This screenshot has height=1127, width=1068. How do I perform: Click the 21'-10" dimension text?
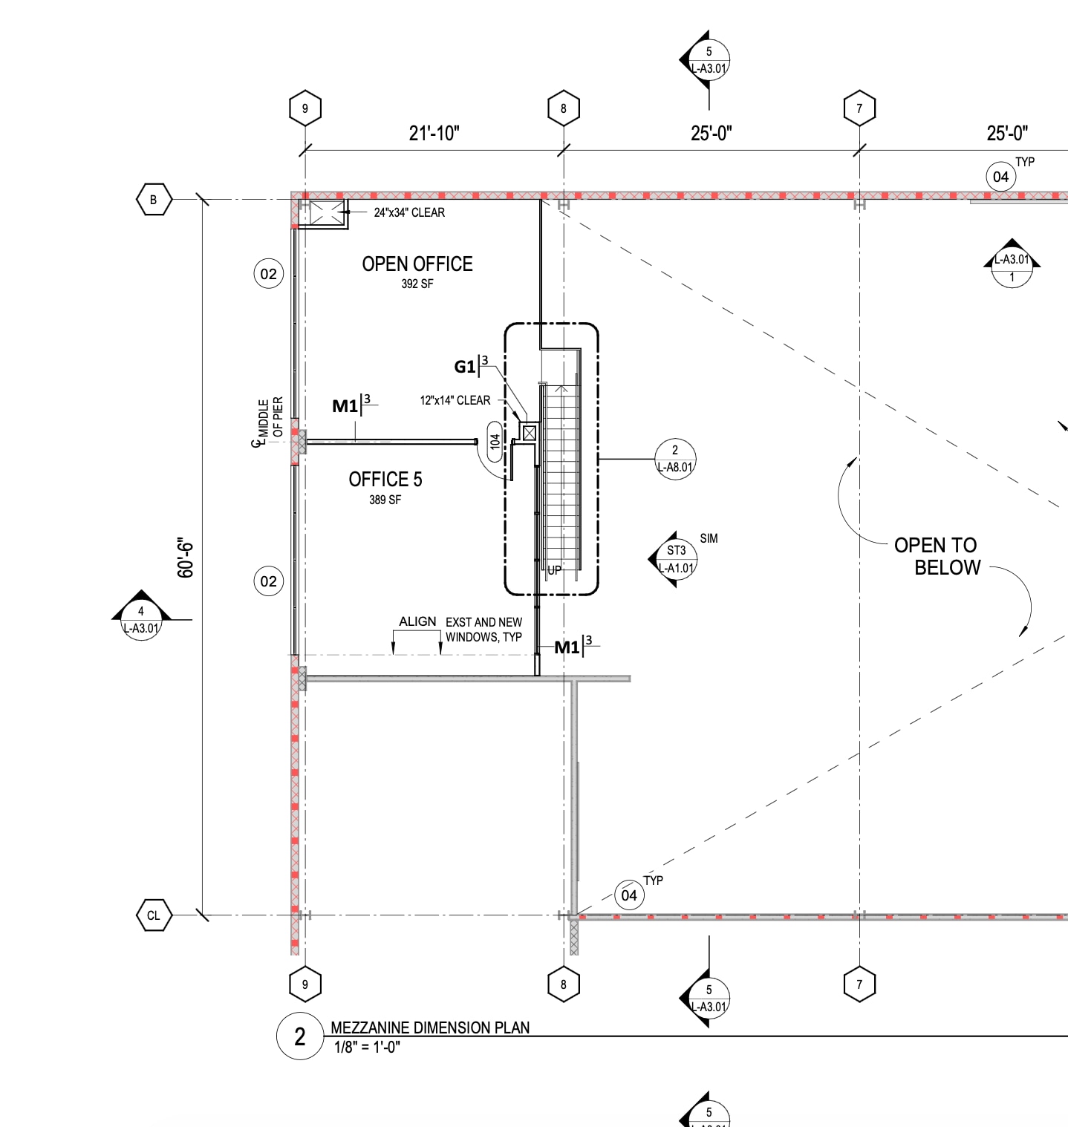pos(434,134)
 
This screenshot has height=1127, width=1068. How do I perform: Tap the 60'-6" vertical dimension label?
pos(186,558)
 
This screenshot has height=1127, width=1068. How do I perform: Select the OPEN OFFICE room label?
pos(417,264)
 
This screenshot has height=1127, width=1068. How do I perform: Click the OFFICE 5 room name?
pos(385,480)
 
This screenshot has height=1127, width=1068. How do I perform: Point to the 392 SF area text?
pos(417,284)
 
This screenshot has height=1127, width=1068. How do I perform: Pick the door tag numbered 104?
pos(495,442)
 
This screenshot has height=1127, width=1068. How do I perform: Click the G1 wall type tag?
pos(465,367)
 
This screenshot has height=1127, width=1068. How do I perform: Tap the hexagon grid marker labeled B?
pos(154,200)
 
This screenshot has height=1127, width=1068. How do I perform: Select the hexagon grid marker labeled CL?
pos(154,915)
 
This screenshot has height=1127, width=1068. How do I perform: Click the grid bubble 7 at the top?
pos(859,108)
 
